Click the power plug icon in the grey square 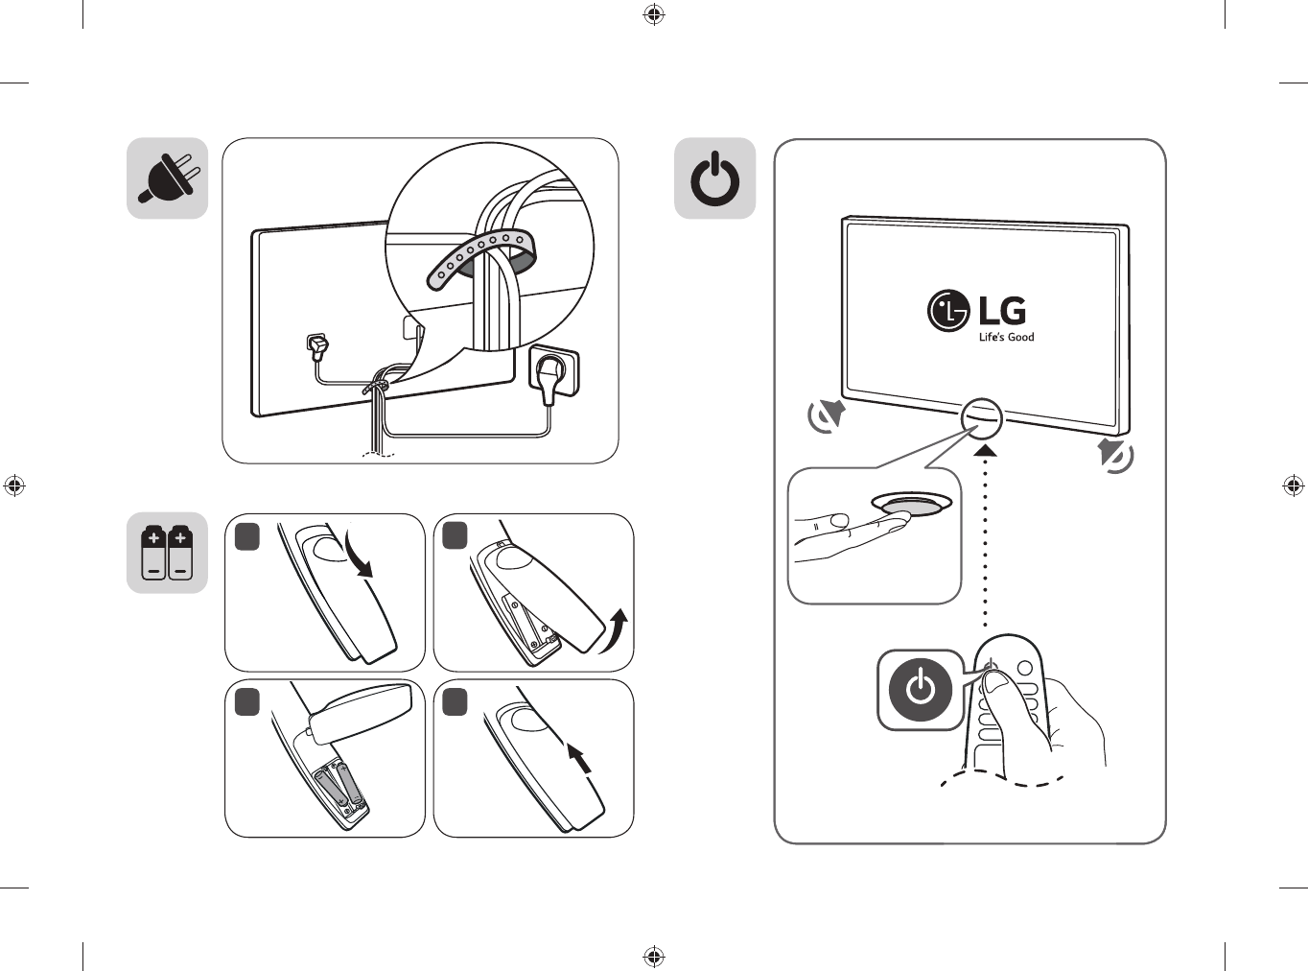tap(169, 178)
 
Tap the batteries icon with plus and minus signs tap(168, 553)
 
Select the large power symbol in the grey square tap(715, 179)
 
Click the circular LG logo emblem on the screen tap(948, 311)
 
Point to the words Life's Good tap(1006, 338)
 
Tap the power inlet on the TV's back tap(316, 343)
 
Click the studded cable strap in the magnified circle tap(479, 254)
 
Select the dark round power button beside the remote tap(921, 690)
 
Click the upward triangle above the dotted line tap(985, 449)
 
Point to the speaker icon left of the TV tap(826, 415)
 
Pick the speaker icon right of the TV tap(1115, 455)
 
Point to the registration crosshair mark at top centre tap(654, 14)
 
